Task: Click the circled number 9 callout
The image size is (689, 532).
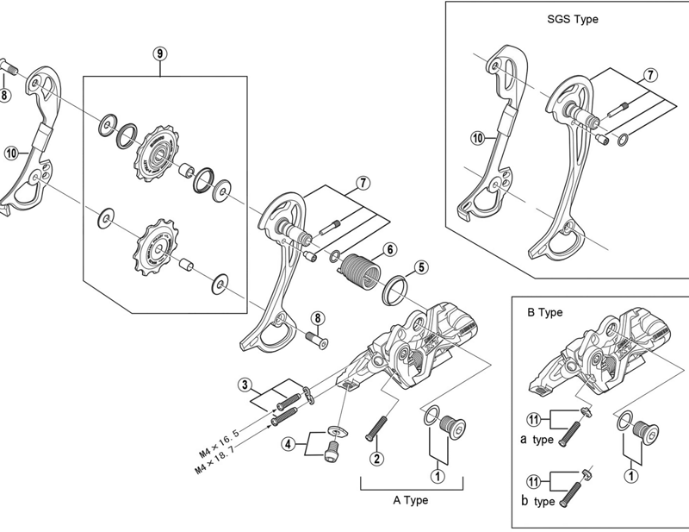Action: tap(160, 53)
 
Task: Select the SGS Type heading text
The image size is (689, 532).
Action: tap(572, 19)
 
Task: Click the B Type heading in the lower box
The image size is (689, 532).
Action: tap(544, 312)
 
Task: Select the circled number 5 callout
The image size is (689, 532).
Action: tap(420, 266)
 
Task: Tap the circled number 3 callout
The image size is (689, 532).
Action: tap(245, 384)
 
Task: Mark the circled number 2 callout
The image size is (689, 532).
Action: tap(376, 454)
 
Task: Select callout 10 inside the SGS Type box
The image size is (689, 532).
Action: tap(476, 137)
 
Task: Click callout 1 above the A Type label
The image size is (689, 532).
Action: tap(438, 474)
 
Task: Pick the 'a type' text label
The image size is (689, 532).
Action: tap(543, 438)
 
